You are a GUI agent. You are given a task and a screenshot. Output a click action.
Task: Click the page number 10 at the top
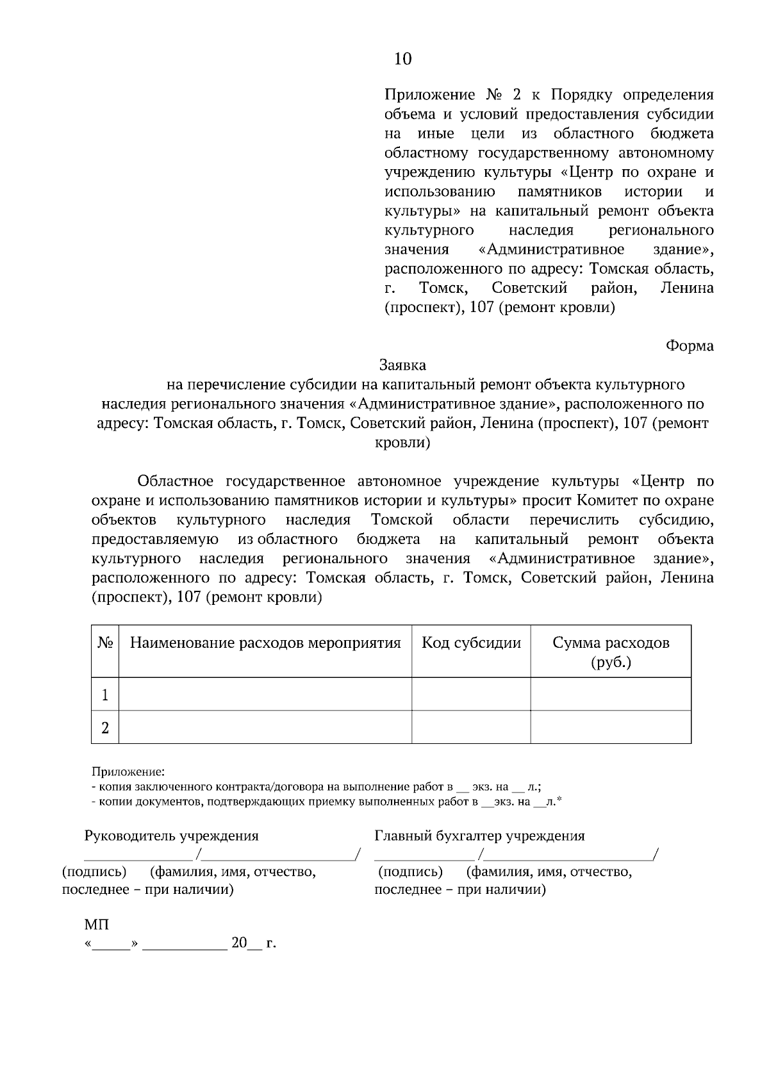[402, 59]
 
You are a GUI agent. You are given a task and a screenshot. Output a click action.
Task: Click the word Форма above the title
[690, 346]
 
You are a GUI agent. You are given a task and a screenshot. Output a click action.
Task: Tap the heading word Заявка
[402, 365]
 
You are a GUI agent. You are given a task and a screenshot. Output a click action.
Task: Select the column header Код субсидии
[471, 643]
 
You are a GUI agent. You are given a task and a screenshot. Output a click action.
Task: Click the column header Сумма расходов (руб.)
[611, 652]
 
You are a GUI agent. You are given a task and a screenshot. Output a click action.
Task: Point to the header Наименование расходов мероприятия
[265, 643]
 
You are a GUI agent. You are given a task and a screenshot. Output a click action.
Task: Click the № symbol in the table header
[105, 643]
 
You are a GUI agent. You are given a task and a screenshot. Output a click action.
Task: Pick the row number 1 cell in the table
[105, 695]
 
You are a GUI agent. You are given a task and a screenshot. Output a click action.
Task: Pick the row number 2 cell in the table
[105, 728]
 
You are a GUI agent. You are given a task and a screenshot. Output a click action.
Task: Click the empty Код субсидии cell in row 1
[471, 695]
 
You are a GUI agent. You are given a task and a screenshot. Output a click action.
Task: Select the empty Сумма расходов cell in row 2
[611, 728]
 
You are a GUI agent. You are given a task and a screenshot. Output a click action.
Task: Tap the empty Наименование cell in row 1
[265, 695]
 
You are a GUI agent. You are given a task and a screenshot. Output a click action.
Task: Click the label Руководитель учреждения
[172, 836]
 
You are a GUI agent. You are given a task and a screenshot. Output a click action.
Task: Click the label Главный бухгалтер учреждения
[479, 836]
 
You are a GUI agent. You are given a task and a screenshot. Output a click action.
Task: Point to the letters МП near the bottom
[97, 925]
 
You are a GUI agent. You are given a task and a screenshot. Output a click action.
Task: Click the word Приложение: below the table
[128, 771]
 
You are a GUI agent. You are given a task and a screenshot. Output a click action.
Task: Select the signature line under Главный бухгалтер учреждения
[424, 857]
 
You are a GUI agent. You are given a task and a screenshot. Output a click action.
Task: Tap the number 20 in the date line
[239, 943]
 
